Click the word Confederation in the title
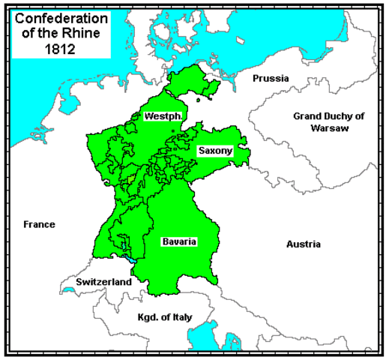(x=56, y=17)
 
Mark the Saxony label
(x=215, y=151)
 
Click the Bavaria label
(x=179, y=242)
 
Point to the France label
(x=39, y=224)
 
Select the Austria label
(x=303, y=244)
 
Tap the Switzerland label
(x=103, y=282)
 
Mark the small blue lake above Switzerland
(x=132, y=259)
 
